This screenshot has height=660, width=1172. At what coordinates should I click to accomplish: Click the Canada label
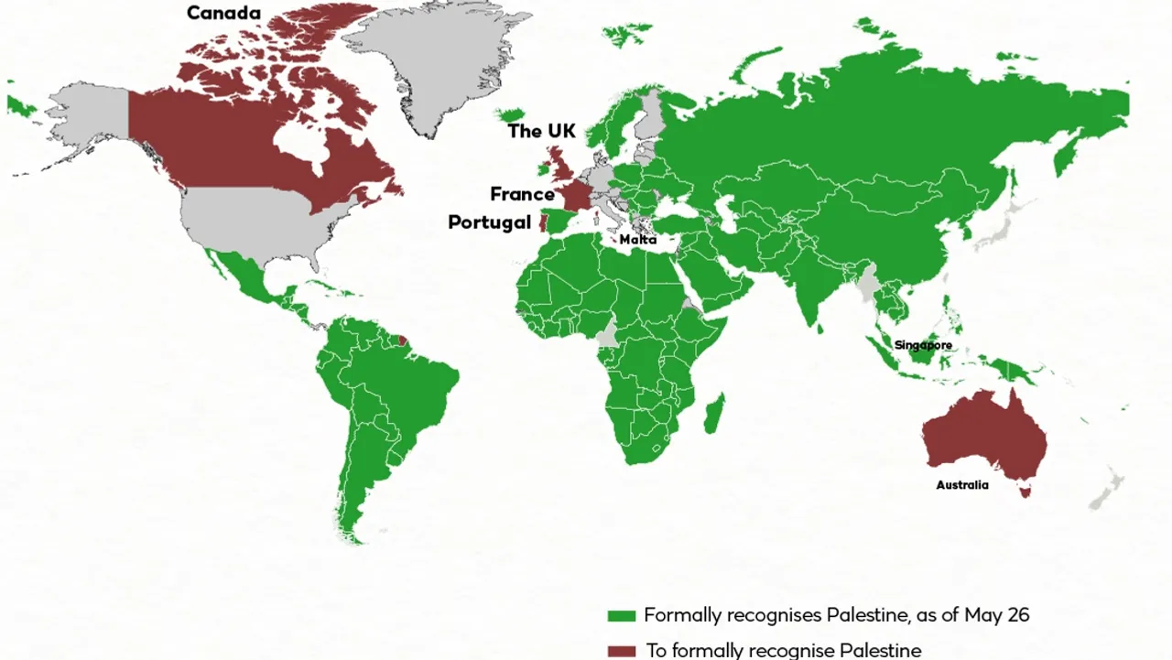tap(223, 14)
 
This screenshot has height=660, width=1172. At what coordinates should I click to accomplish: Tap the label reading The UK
tap(542, 132)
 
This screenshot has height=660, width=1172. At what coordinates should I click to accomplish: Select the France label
tap(522, 194)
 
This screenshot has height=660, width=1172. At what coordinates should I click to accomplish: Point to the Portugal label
tap(489, 222)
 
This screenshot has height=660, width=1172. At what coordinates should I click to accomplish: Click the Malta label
tap(637, 240)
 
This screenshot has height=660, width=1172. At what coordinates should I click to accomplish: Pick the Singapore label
tap(923, 345)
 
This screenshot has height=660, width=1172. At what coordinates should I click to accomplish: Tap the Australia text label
tap(961, 485)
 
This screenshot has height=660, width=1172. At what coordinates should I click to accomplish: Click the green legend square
tap(622, 616)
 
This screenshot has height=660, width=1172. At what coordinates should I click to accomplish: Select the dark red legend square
tap(622, 651)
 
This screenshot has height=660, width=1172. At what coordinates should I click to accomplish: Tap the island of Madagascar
tap(713, 414)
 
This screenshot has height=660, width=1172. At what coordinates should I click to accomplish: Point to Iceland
tap(509, 114)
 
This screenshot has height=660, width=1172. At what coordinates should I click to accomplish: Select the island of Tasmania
tap(1026, 492)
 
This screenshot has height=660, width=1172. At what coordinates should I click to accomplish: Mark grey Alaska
tap(92, 114)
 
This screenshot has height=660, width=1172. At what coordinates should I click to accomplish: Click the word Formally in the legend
tap(683, 615)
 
